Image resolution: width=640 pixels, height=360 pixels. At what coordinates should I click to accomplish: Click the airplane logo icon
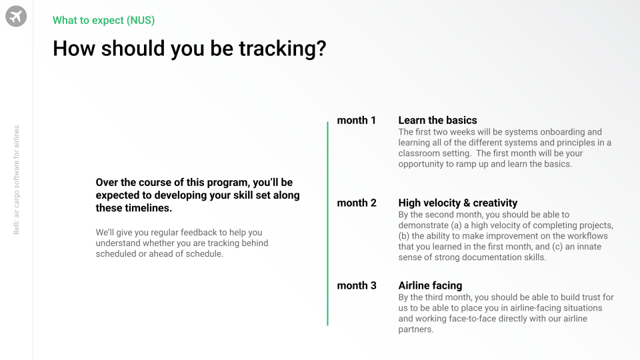(16, 16)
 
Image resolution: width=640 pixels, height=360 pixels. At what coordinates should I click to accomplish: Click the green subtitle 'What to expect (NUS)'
(104, 21)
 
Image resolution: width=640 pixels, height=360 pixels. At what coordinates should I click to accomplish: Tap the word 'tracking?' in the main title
(283, 49)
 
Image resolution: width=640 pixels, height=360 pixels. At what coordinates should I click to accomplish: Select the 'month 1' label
(356, 121)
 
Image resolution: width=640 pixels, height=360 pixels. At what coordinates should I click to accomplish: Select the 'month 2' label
(357, 203)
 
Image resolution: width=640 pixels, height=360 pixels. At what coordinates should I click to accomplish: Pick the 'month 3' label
(357, 286)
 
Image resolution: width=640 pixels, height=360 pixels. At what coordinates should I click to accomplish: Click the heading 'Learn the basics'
(437, 121)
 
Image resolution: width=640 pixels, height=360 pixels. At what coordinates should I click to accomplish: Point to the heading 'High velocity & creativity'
(458, 203)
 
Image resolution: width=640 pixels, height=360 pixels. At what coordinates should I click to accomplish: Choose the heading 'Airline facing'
(430, 286)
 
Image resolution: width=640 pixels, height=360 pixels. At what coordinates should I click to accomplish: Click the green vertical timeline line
(327, 223)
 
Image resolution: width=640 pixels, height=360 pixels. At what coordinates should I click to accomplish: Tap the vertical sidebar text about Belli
(16, 180)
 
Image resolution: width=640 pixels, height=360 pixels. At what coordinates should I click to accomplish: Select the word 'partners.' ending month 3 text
(416, 329)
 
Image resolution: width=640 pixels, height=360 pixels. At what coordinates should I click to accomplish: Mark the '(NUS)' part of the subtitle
(141, 21)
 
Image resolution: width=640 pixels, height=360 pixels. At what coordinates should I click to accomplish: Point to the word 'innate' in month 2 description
(589, 247)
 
